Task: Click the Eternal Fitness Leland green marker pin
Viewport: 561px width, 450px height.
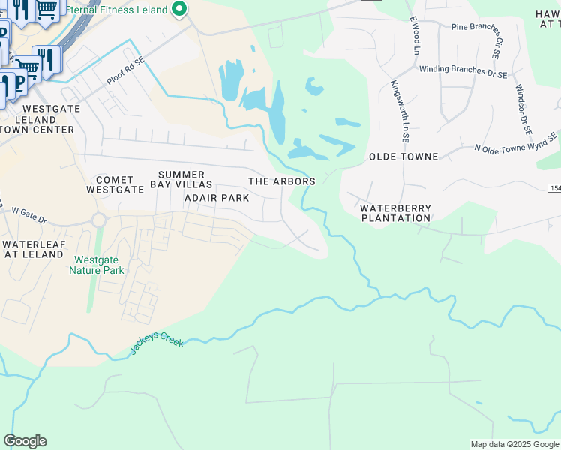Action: tap(179, 10)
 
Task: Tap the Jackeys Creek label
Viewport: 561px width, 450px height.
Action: tap(157, 345)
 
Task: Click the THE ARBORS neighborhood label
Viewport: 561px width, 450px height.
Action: tap(281, 181)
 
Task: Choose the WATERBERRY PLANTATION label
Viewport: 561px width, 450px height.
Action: tap(396, 213)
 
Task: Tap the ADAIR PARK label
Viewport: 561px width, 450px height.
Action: tap(216, 198)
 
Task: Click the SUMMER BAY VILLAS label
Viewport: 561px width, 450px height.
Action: tap(181, 179)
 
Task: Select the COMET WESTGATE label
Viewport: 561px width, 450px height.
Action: tap(115, 184)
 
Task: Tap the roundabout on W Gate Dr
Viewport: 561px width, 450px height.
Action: tap(98, 220)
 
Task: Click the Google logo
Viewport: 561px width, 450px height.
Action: tap(25, 441)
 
